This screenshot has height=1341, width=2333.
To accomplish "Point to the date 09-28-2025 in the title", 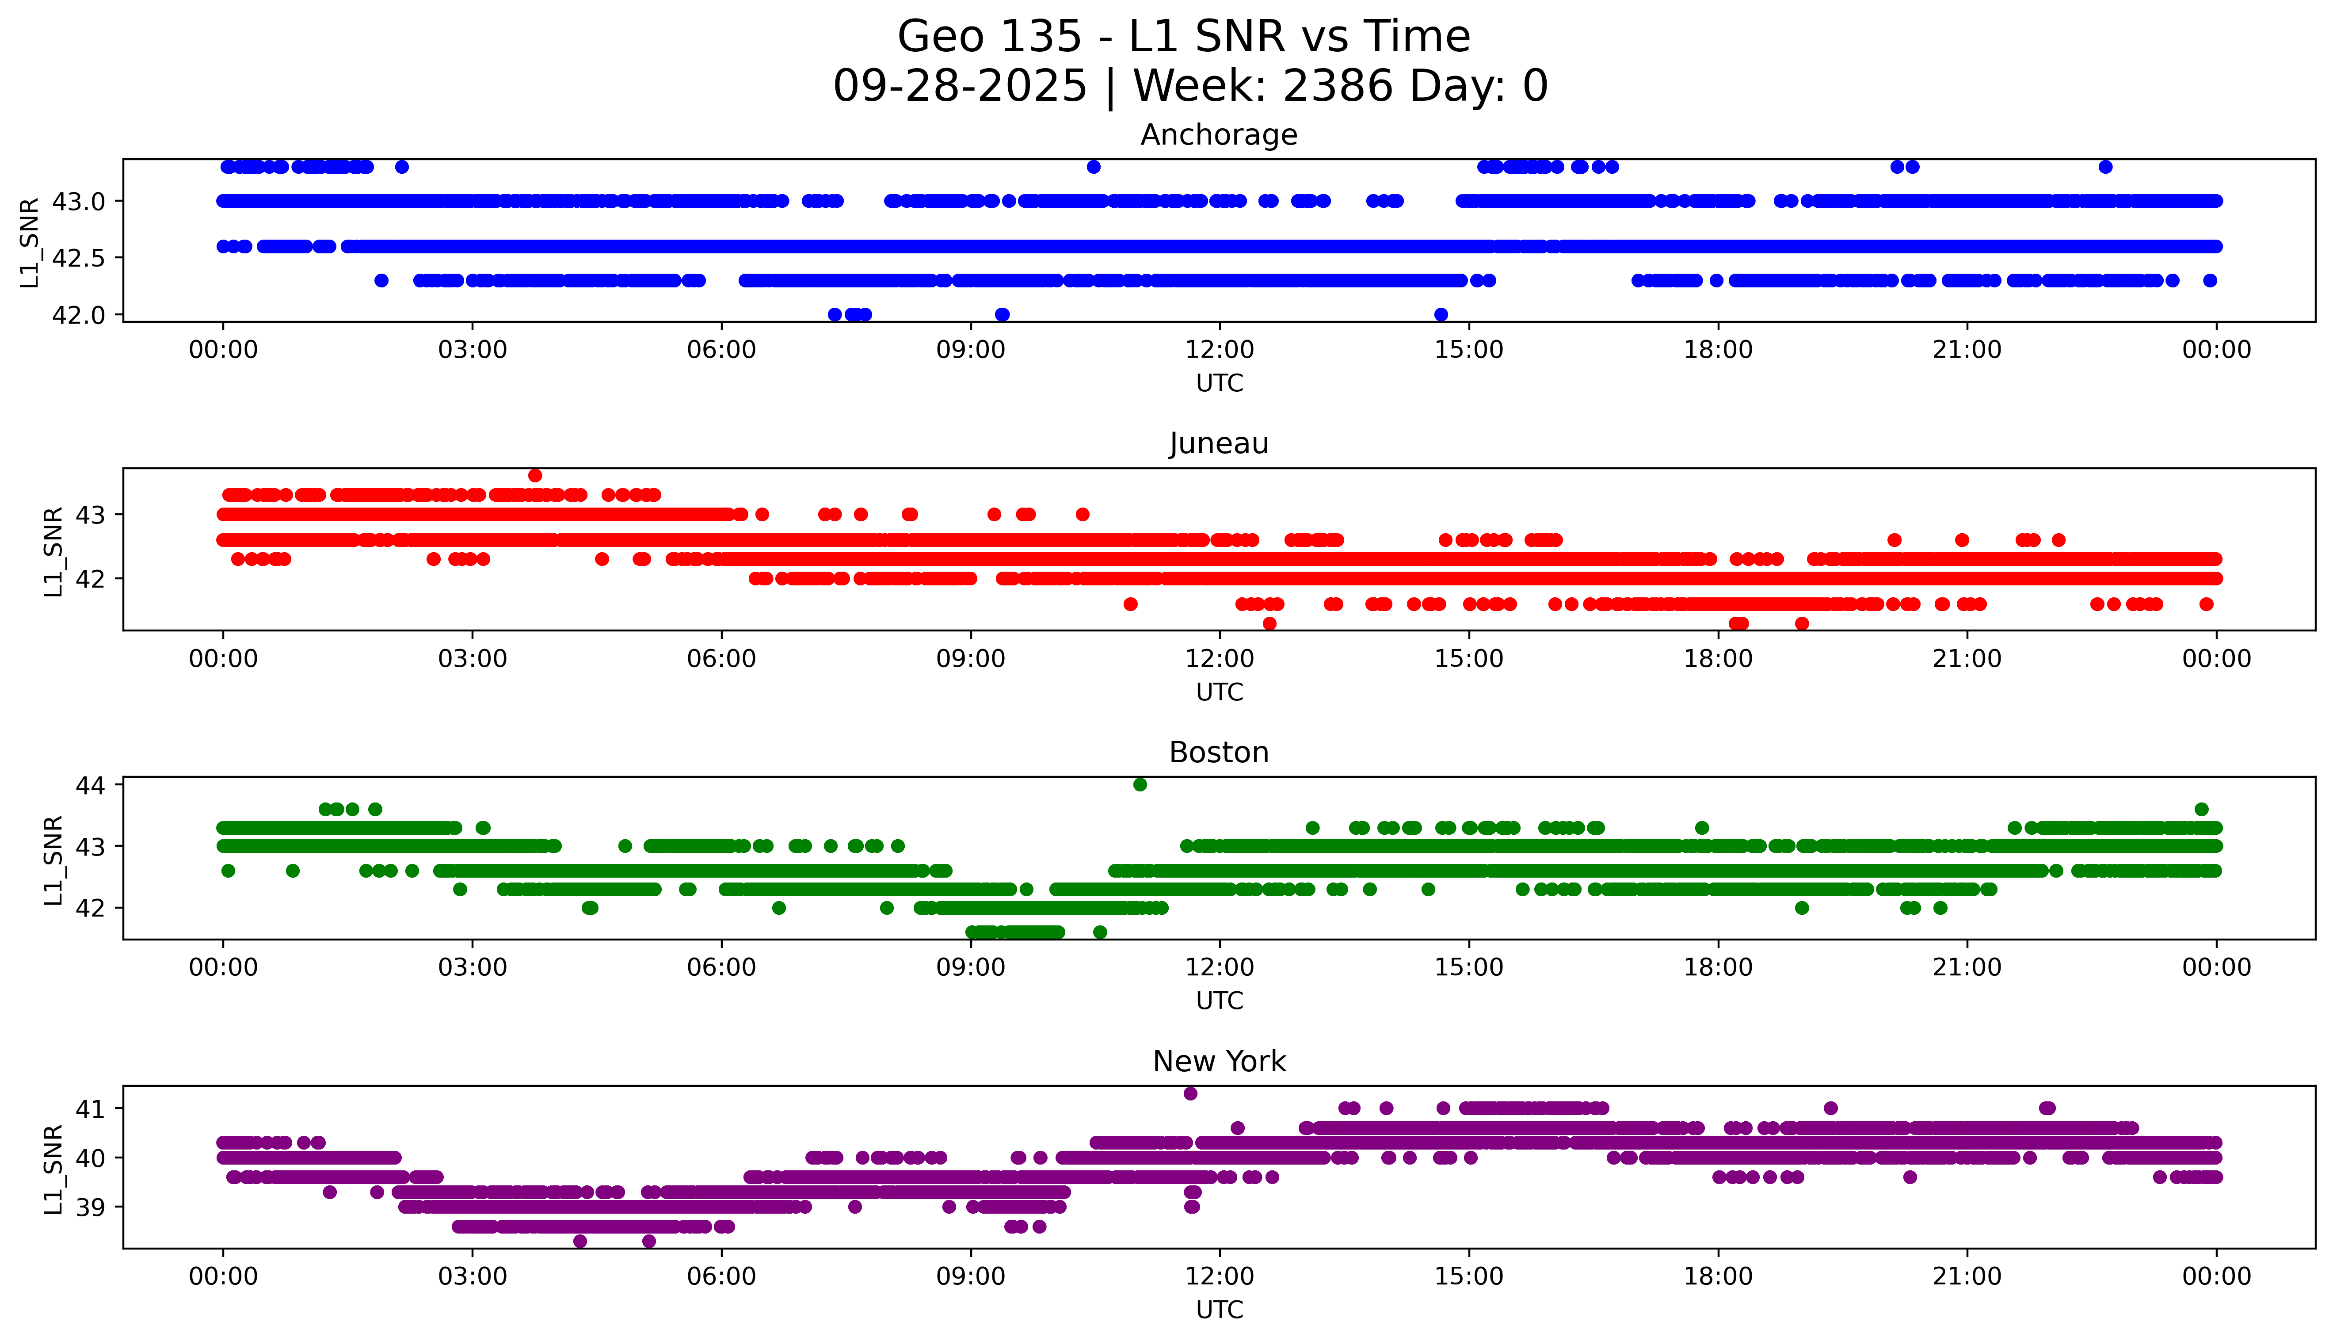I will click(x=959, y=87).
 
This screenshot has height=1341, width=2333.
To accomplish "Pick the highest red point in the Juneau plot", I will click(x=535, y=475).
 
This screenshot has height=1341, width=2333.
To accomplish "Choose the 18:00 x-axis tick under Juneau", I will click(x=1718, y=658).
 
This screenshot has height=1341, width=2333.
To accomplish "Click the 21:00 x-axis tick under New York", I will click(x=1967, y=1276).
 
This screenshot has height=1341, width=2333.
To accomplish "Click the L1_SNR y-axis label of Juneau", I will click(x=53, y=551).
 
